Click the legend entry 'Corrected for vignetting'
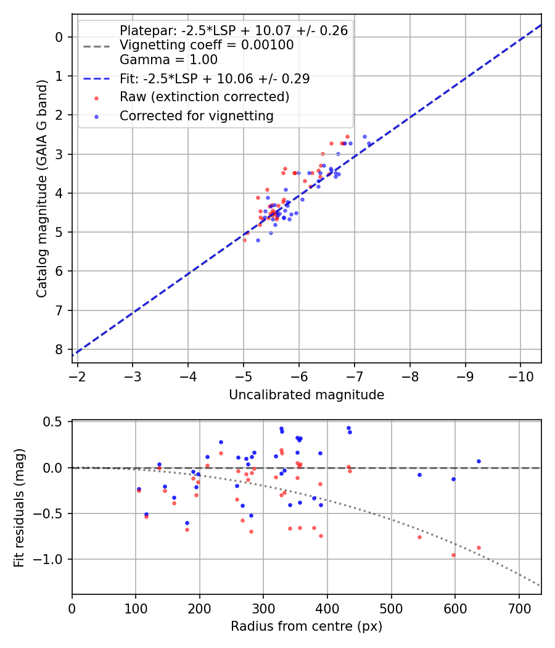click(x=196, y=115)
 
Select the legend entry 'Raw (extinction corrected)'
click(x=204, y=97)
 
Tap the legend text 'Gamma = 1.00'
click(x=168, y=60)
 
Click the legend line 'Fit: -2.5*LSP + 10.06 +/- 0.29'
click(x=215, y=78)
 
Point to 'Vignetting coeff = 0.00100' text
click(x=207, y=45)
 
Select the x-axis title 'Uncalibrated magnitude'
click(x=306, y=395)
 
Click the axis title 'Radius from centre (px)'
click(x=306, y=626)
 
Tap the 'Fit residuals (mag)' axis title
click(x=18, y=507)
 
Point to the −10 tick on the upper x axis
click(x=520, y=376)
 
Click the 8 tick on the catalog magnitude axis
click(x=59, y=349)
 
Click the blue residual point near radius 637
click(x=479, y=461)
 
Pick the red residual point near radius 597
click(x=453, y=555)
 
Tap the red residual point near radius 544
click(x=419, y=537)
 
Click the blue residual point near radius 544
click(x=419, y=475)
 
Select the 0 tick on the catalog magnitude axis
click(x=59, y=37)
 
